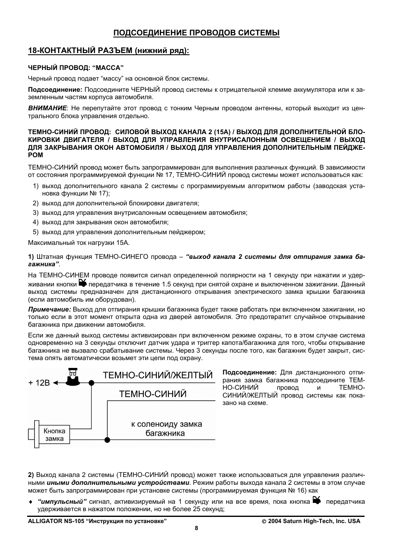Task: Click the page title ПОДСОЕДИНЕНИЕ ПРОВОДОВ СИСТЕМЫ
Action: pyautogui.click(x=196, y=33)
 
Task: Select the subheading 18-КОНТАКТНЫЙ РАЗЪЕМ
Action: pyautogui.click(x=108, y=51)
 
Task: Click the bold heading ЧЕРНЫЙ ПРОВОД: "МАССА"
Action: pyautogui.click(x=76, y=67)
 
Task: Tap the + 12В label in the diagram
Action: pyautogui.click(x=39, y=383)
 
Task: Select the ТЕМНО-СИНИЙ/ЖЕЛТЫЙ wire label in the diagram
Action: pyautogui.click(x=157, y=375)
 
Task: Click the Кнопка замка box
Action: pyautogui.click(x=54, y=435)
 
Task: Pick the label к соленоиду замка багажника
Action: pyautogui.click(x=166, y=428)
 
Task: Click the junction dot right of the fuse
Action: pyautogui.click(x=91, y=383)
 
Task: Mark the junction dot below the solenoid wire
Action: pyautogui.click(x=108, y=440)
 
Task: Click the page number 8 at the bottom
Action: pyautogui.click(x=196, y=528)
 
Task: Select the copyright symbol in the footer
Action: pyautogui.click(x=264, y=521)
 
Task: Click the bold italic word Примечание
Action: pyautogui.click(x=49, y=309)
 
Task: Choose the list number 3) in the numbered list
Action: pyautogui.click(x=36, y=213)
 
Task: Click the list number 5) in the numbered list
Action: pyautogui.click(x=36, y=232)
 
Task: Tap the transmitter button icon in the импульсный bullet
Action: pyautogui.click(x=316, y=500)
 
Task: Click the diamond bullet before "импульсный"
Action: pyautogui.click(x=30, y=502)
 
